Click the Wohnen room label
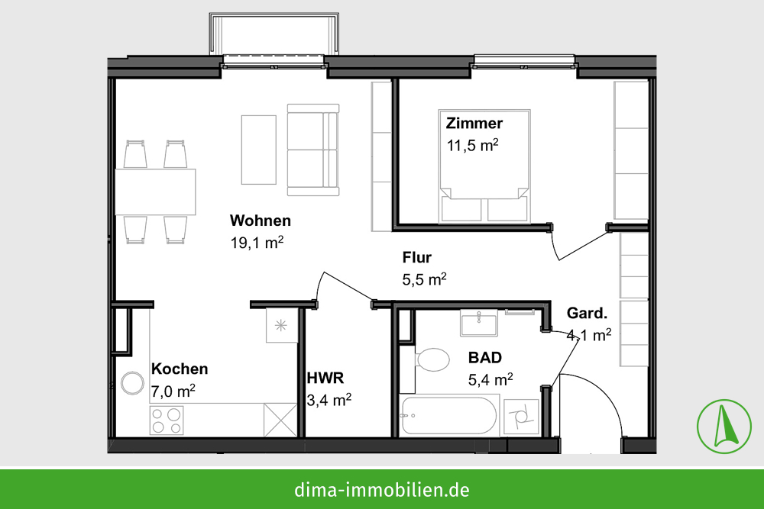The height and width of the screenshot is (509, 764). pos(261,221)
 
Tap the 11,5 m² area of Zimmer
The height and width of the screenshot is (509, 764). pos(473,145)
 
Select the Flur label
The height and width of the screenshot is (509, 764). pos(417,257)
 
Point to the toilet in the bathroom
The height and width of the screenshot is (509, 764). pos(432,360)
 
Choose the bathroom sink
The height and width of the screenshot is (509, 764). pos(478,323)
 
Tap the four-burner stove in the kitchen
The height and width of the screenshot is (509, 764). pos(167,420)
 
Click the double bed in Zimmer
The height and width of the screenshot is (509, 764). pos(484,166)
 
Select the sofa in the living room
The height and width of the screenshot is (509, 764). pos(312,150)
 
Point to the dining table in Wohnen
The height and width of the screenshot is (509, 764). pos(155,192)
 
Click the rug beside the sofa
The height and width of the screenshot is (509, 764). pos(259,150)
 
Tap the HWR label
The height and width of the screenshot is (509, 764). pos(325,378)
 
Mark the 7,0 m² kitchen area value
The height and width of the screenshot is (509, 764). pos(173,391)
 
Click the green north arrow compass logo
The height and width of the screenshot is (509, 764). pos(724,427)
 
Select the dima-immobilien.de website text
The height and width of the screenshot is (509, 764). pos(381,489)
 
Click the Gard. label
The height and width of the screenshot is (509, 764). pos(587,314)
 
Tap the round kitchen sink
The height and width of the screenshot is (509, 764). pos(132,383)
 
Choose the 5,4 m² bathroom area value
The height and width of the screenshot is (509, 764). pos(490,379)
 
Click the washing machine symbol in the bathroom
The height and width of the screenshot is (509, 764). pos(521,417)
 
